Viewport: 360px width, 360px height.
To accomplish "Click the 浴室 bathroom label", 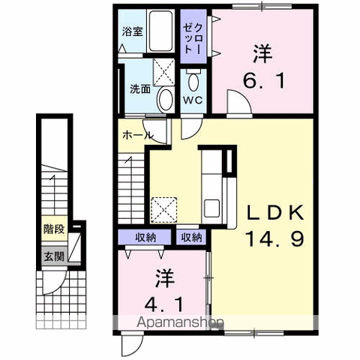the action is (133, 31).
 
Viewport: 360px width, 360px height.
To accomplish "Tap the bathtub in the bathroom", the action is (160, 31).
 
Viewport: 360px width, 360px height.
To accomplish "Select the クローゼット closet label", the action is (193, 38).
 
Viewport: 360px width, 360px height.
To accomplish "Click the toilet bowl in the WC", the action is (193, 81).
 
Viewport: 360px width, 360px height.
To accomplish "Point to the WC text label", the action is (193, 100).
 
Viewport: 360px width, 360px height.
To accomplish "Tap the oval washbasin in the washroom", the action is (165, 100).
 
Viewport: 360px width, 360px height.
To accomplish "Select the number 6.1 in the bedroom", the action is (264, 81).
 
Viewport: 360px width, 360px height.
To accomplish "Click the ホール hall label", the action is (137, 135).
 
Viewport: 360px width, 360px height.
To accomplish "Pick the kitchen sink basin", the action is (211, 208).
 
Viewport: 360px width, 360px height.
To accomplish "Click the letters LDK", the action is (275, 212).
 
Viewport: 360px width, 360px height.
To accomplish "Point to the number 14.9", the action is (275, 238).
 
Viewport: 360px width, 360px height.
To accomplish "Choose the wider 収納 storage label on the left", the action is (145, 237).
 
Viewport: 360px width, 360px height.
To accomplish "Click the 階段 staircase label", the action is (54, 229).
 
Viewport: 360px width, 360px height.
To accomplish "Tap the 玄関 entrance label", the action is (54, 256).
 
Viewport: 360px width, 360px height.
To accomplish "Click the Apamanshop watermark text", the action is (180, 322).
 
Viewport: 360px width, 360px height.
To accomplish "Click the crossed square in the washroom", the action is (163, 72).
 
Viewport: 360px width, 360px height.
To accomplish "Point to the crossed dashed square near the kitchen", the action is (164, 210).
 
